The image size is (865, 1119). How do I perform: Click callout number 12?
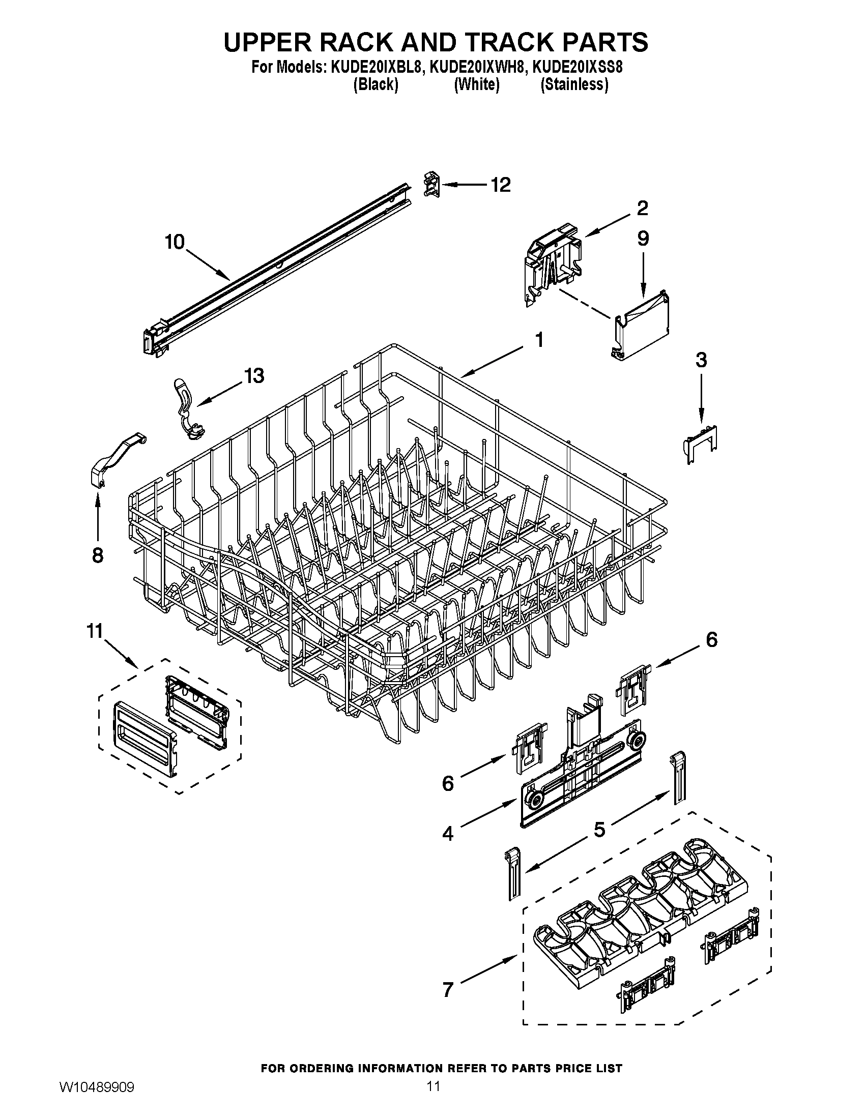[501, 185]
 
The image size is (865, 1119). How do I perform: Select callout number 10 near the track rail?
[175, 242]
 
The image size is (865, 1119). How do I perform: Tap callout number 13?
[254, 375]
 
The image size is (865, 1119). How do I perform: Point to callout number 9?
[643, 238]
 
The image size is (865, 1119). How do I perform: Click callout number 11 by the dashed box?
[95, 631]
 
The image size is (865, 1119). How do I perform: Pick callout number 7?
[448, 1004]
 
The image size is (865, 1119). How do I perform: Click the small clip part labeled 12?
[431, 185]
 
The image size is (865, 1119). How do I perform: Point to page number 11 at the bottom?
[432, 1098]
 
